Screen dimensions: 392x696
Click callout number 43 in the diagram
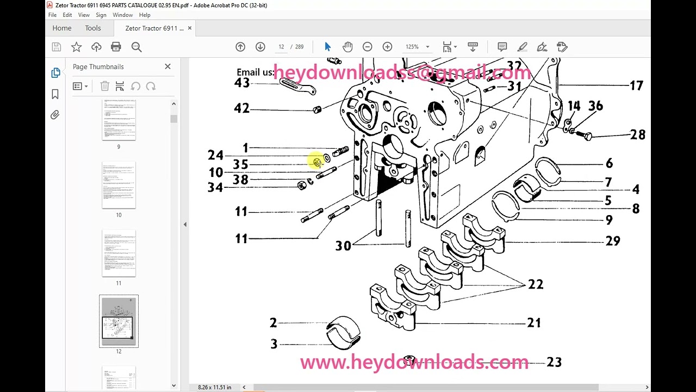point(242,83)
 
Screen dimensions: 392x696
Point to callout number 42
point(241,108)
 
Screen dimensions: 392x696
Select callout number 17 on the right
point(636,85)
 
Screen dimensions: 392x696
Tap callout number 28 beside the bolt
point(637,134)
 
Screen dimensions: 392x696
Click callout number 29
point(612,241)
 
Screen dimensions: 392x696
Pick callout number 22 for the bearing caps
point(536,284)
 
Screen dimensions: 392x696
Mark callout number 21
point(534,323)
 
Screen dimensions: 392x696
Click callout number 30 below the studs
point(343,246)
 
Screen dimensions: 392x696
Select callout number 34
point(215,187)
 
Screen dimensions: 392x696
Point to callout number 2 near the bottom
point(273,323)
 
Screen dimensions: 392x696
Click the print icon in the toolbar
point(116,47)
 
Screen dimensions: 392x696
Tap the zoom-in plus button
point(387,47)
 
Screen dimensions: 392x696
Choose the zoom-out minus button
point(367,47)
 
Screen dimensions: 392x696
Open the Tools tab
point(92,28)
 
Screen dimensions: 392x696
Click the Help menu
point(145,15)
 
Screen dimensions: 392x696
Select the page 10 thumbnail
point(119,185)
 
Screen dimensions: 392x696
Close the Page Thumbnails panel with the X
point(167,66)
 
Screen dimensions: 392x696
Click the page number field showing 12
point(281,47)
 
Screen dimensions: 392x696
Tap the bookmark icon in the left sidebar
point(55,94)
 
